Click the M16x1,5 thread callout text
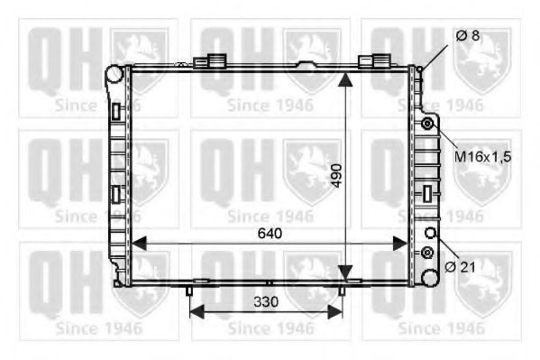point(481,156)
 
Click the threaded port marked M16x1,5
point(428,122)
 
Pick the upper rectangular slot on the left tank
point(115,111)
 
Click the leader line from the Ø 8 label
point(435,55)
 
